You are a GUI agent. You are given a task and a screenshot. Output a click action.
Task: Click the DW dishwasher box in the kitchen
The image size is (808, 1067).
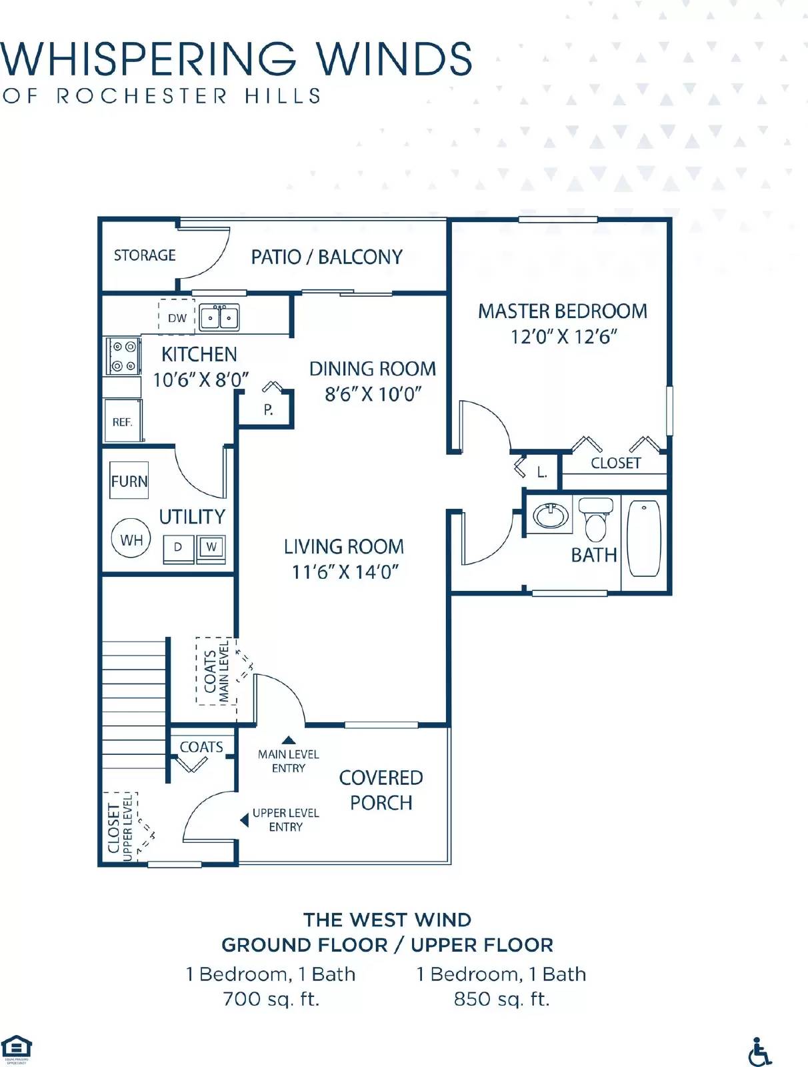tap(177, 317)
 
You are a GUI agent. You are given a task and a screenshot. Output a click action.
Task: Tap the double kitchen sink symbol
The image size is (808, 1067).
tap(219, 318)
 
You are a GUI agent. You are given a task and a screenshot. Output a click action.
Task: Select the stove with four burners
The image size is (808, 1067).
tap(123, 356)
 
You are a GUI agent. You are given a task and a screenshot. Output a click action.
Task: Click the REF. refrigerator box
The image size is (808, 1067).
tap(123, 421)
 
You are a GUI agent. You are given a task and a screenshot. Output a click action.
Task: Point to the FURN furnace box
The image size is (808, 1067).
tap(129, 481)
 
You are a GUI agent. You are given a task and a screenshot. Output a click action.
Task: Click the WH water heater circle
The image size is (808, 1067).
tap(131, 540)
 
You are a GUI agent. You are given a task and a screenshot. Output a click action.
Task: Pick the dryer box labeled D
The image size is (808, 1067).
tap(178, 548)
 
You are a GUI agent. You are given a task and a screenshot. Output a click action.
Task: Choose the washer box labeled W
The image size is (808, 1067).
tap(211, 548)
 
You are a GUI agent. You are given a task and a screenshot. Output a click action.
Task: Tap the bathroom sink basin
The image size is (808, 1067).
tap(551, 515)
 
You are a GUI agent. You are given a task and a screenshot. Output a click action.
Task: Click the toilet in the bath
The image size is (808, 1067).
tap(595, 519)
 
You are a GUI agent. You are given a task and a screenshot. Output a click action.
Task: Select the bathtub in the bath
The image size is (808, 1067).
tap(644, 538)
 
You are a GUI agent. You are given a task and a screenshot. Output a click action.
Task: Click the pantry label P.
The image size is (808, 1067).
tap(268, 409)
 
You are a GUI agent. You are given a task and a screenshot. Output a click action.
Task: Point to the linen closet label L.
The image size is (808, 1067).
tap(542, 473)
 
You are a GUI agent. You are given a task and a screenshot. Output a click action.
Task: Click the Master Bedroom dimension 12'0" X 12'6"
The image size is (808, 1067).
tap(564, 337)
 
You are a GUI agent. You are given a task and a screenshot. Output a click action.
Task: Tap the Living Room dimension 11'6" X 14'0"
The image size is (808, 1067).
tap(345, 572)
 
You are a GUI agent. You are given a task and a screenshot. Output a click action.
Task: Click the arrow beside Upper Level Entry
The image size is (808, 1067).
tap(244, 820)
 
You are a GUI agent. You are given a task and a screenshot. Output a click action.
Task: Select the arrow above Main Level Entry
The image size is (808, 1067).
tap(288, 740)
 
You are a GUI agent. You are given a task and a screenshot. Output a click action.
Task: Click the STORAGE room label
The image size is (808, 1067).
tap(145, 255)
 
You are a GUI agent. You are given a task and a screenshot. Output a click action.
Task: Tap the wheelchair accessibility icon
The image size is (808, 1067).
tap(759, 1052)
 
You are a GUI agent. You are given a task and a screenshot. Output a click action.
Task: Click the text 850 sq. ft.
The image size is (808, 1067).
tap(501, 999)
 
